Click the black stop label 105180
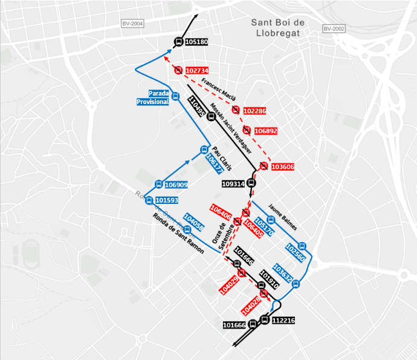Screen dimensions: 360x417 [197, 42]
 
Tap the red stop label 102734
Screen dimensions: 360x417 [197, 71]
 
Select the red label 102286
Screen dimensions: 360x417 [254, 111]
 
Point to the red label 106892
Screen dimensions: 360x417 [266, 131]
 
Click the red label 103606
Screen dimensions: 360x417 [283, 167]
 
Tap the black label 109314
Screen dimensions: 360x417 [233, 184]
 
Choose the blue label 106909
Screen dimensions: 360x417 [176, 185]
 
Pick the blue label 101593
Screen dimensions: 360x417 [167, 200]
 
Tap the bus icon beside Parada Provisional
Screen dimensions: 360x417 [175, 96]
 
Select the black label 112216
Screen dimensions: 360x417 [283, 321]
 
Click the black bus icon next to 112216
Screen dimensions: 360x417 [264, 319]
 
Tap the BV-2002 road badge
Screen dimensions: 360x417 [333, 28]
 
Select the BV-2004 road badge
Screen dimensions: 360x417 [132, 24]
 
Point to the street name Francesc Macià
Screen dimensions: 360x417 [218, 89]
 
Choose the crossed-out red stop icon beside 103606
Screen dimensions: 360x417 [264, 166]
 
